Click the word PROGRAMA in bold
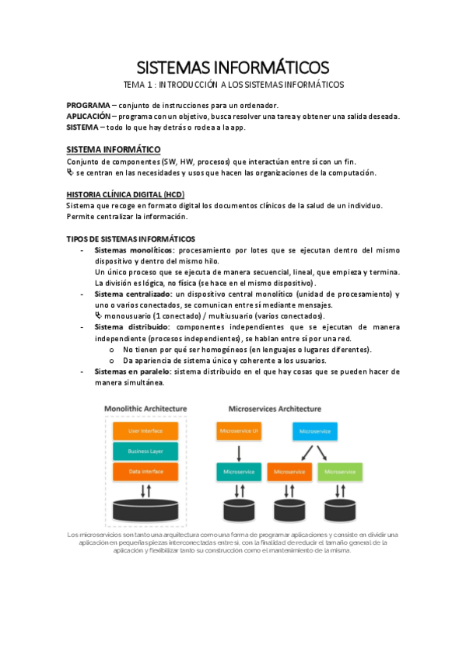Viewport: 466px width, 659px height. pyautogui.click(x=88, y=105)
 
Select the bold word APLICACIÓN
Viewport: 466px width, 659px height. pyautogui.click(x=89, y=116)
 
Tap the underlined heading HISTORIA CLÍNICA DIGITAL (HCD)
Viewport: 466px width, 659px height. pyautogui.click(x=125, y=194)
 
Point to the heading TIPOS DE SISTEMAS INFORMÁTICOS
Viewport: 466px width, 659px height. pyautogui.click(x=131, y=239)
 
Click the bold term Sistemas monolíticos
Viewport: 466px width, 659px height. pyautogui.click(x=134, y=250)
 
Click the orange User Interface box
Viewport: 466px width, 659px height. pyautogui.click(x=145, y=431)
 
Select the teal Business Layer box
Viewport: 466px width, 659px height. pyautogui.click(x=145, y=451)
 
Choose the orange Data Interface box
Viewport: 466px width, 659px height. pyautogui.click(x=145, y=471)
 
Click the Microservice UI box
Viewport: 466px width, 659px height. pyautogui.click(x=240, y=430)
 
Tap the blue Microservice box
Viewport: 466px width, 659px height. pyautogui.click(x=314, y=430)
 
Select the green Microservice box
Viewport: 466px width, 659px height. pyautogui.click(x=340, y=471)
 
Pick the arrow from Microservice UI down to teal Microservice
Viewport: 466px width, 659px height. pyautogui.click(x=240, y=452)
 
